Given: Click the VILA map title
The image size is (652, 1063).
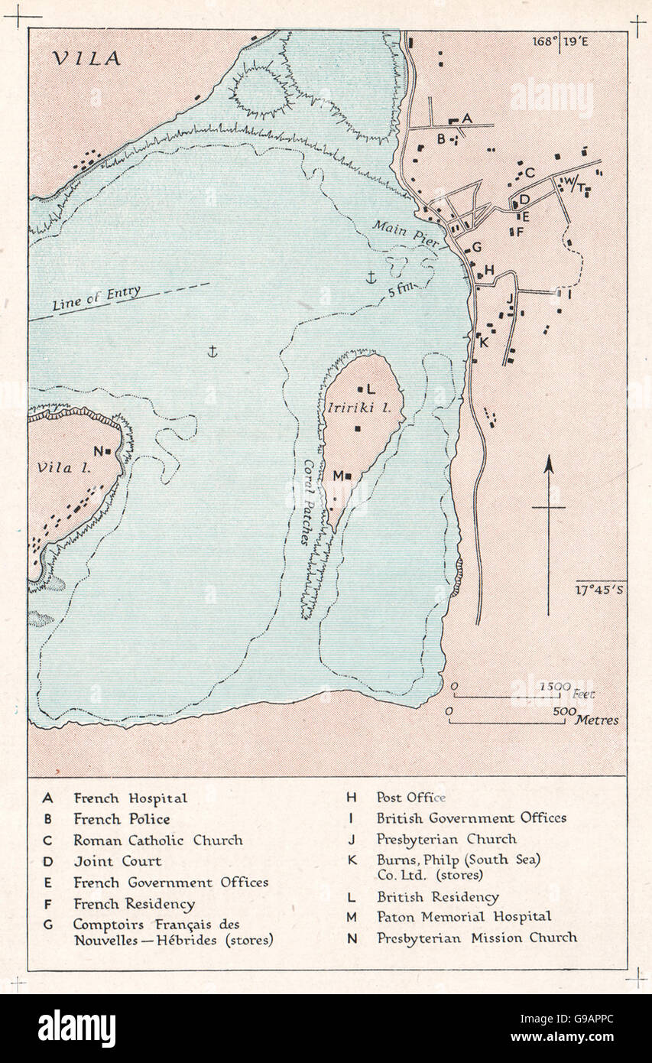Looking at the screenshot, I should [87, 59].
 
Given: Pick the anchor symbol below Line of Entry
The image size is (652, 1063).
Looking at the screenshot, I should [213, 350].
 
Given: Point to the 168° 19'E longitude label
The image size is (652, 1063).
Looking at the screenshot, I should [561, 42].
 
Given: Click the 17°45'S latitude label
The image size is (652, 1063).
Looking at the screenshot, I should [601, 589].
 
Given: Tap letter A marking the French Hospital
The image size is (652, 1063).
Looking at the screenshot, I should [468, 118].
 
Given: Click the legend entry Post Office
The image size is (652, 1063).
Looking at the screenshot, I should [411, 797].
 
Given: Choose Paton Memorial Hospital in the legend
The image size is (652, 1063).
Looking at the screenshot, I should [463, 916].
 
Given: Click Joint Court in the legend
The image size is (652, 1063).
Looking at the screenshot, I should [117, 860].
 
